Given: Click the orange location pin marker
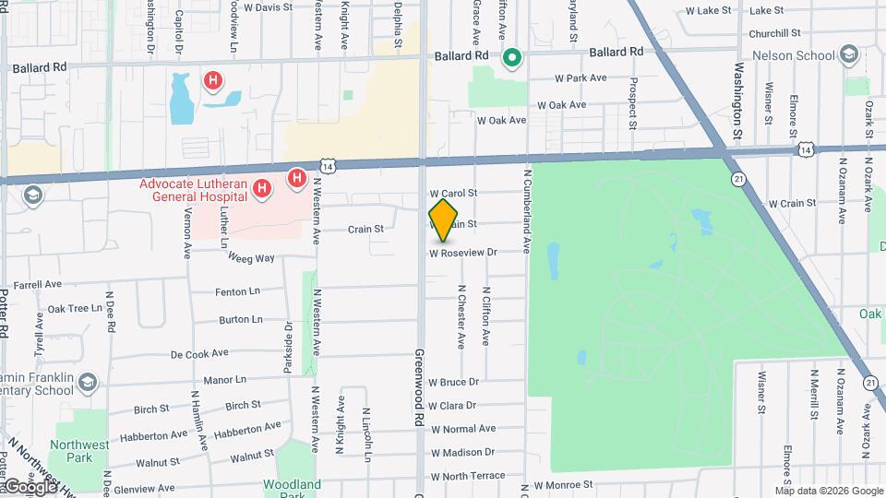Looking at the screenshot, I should point(444,219).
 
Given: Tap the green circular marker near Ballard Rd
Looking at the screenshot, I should point(512,59).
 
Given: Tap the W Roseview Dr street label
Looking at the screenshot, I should point(463,252).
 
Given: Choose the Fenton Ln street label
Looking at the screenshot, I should point(238,291).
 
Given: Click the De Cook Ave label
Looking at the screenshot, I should point(199,353).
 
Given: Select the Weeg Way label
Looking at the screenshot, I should point(252,258).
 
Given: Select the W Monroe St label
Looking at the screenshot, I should point(563,484).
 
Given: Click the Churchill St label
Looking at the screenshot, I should point(768,33).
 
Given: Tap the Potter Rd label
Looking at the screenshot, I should point(6,314).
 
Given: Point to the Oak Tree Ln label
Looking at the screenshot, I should point(75,309).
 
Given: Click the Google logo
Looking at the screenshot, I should point(30,486).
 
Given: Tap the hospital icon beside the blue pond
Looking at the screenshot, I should point(213,81).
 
